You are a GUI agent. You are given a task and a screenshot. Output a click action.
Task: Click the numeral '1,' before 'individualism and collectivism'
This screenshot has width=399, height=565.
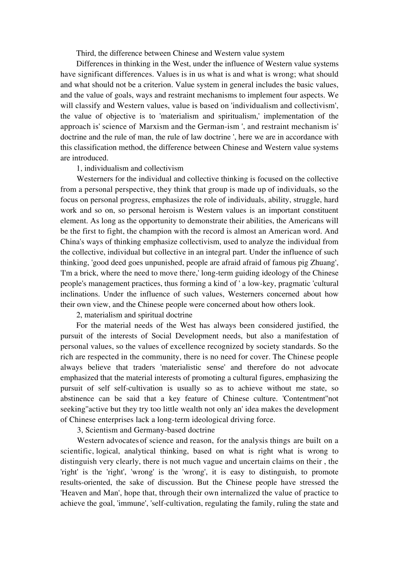pyautogui.click(x=80, y=169)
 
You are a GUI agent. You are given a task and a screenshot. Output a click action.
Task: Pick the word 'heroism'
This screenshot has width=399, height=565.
pyautogui.click(x=176, y=210)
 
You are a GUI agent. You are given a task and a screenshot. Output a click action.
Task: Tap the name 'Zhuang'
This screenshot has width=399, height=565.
pyautogui.click(x=324, y=263)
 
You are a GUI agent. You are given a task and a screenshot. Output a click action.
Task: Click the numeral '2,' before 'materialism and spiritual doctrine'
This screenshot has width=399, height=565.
pyautogui.click(x=80, y=315)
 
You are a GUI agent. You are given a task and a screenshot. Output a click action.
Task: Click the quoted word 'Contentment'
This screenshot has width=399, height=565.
pyautogui.click(x=299, y=399)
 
